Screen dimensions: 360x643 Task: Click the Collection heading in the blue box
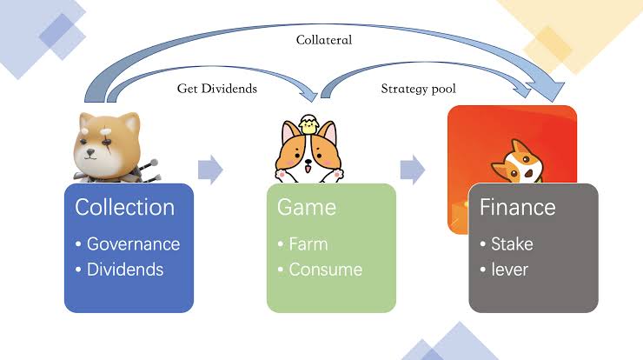(124, 207)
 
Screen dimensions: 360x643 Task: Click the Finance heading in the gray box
(517, 207)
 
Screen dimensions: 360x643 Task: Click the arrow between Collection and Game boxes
(210, 170)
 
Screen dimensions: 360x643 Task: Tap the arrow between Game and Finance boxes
(413, 170)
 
